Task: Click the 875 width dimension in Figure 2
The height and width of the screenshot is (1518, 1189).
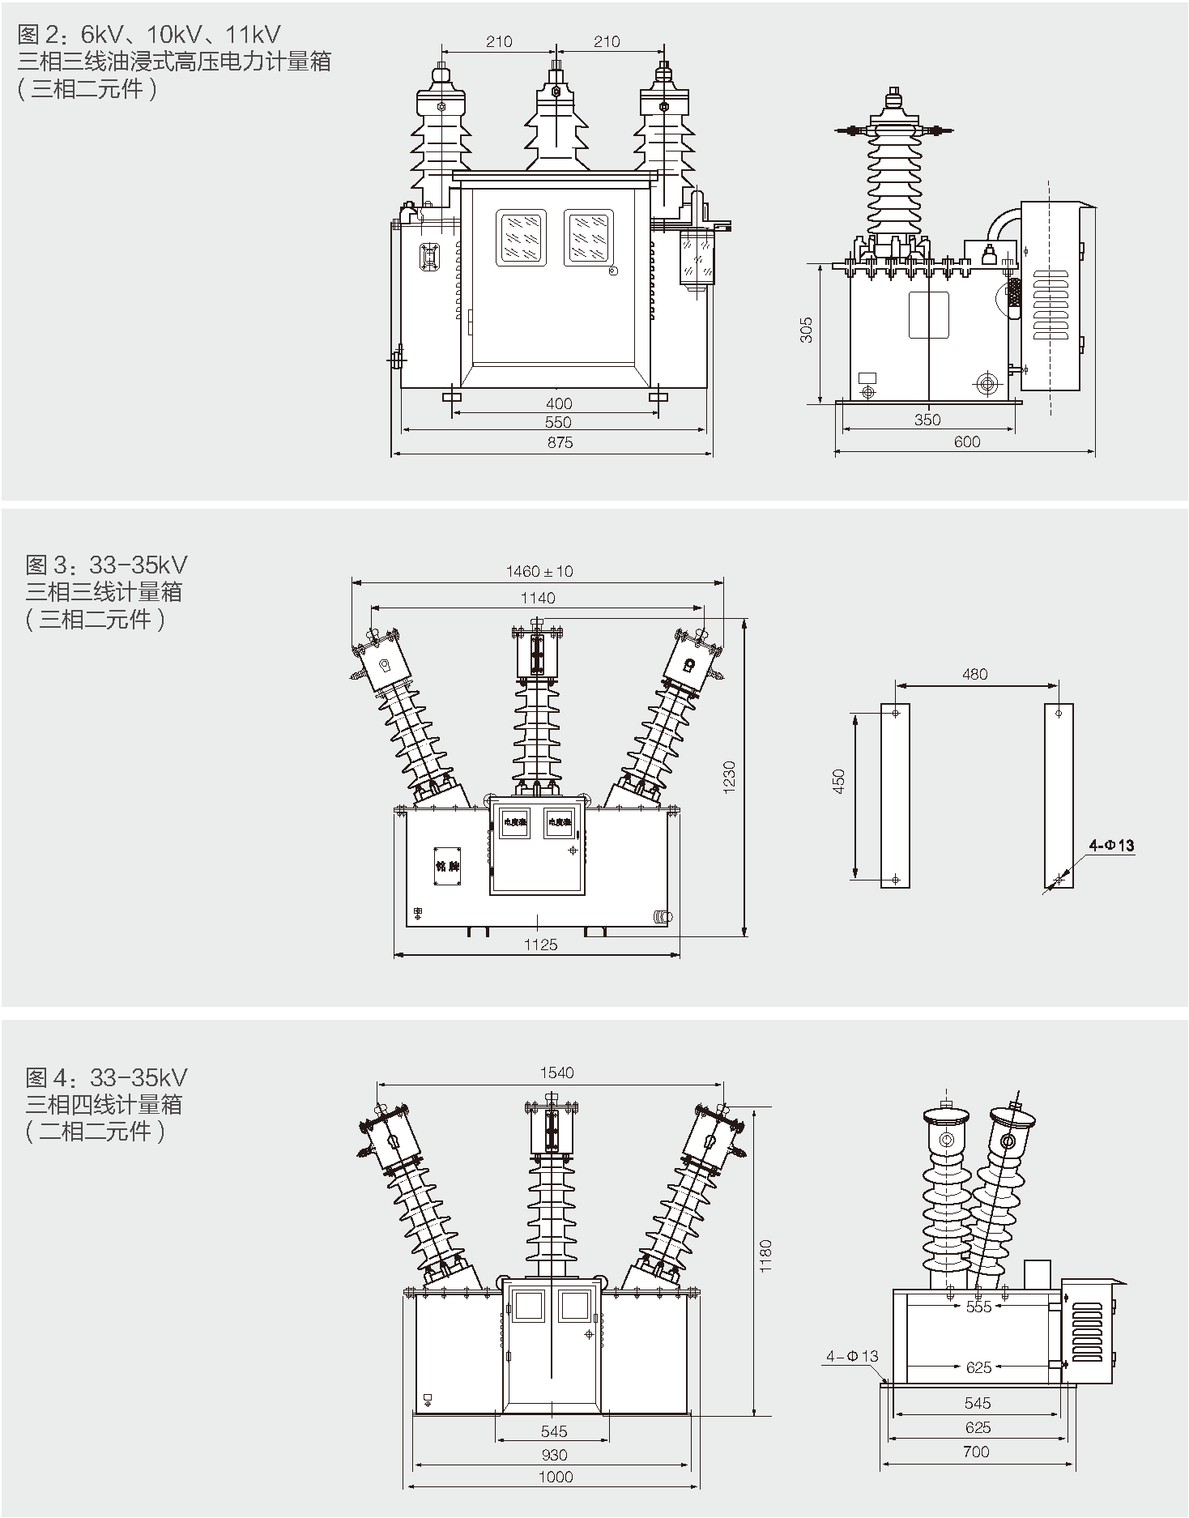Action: [x=560, y=442]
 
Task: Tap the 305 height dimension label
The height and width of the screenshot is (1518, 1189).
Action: [x=807, y=330]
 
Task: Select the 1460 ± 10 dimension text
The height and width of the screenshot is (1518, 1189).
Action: [x=539, y=571]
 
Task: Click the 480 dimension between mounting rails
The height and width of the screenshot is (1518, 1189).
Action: [x=974, y=674]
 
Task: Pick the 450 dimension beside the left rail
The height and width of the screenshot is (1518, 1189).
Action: [x=839, y=781]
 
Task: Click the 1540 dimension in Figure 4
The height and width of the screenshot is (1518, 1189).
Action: [x=556, y=1072]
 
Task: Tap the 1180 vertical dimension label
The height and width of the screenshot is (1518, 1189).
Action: [x=766, y=1255]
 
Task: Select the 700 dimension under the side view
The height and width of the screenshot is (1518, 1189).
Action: [x=976, y=1452]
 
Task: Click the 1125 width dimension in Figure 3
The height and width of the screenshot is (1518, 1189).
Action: [x=540, y=944]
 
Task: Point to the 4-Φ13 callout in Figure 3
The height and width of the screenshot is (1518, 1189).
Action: [x=1111, y=846]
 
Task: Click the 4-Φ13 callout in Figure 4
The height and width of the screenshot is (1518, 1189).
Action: [x=852, y=1356]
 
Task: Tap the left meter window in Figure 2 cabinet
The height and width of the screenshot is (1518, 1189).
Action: [x=521, y=237]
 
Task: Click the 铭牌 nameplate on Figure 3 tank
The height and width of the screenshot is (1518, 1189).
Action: [x=447, y=867]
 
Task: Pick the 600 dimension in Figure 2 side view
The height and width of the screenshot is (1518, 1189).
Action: [x=967, y=441]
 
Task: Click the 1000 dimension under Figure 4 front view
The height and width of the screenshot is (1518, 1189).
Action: [x=556, y=1476]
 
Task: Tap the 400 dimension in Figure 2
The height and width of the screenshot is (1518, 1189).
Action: [x=559, y=403]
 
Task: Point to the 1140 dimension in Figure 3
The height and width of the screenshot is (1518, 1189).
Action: [x=538, y=598]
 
